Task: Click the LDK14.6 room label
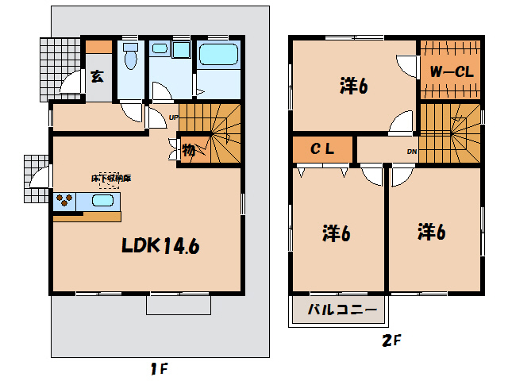pyautogui.click(x=160, y=246)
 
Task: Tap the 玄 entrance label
pyautogui.click(x=97, y=77)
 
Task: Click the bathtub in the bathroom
pyautogui.click(x=217, y=56)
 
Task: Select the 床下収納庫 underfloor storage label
pyautogui.click(x=111, y=179)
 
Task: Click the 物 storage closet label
pyautogui.click(x=189, y=150)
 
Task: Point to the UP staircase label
pyautogui.click(x=172, y=118)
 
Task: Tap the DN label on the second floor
pyautogui.click(x=412, y=151)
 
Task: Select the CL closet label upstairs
pyautogui.click(x=321, y=148)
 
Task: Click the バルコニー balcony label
pyautogui.click(x=337, y=310)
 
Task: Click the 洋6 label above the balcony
pyautogui.click(x=337, y=233)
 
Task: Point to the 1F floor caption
pyautogui.click(x=158, y=368)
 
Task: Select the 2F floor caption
pyautogui.click(x=392, y=341)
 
